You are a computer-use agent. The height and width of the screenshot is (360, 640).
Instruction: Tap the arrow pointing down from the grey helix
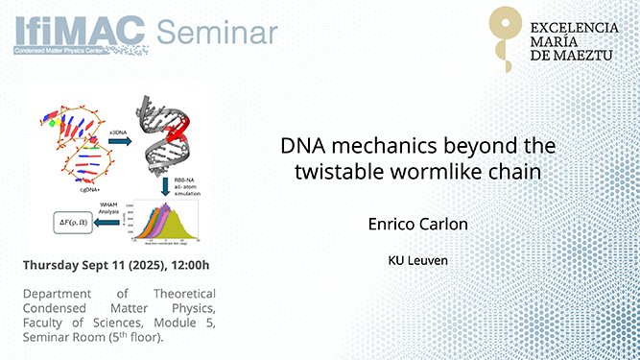tap(166, 186)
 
